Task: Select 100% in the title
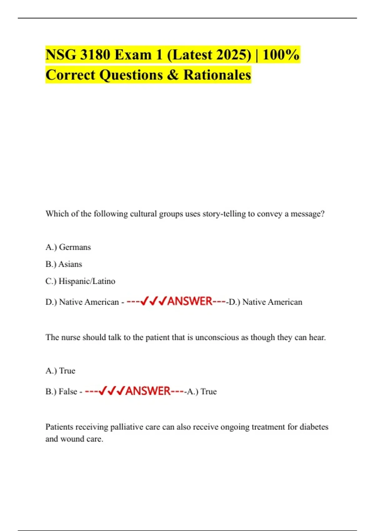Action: pos(281,55)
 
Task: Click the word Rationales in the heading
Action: pos(217,75)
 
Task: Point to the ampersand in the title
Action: pos(173,75)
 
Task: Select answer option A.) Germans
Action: pos(68,247)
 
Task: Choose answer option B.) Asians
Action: pos(64,264)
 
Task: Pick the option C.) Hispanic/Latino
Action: pos(80,281)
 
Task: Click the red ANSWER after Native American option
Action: pos(190,301)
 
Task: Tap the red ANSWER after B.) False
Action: pos(148,391)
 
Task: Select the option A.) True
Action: pos(60,371)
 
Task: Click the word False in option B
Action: pos(68,391)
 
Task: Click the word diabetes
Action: pos(314,427)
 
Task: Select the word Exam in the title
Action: pos(133,55)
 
